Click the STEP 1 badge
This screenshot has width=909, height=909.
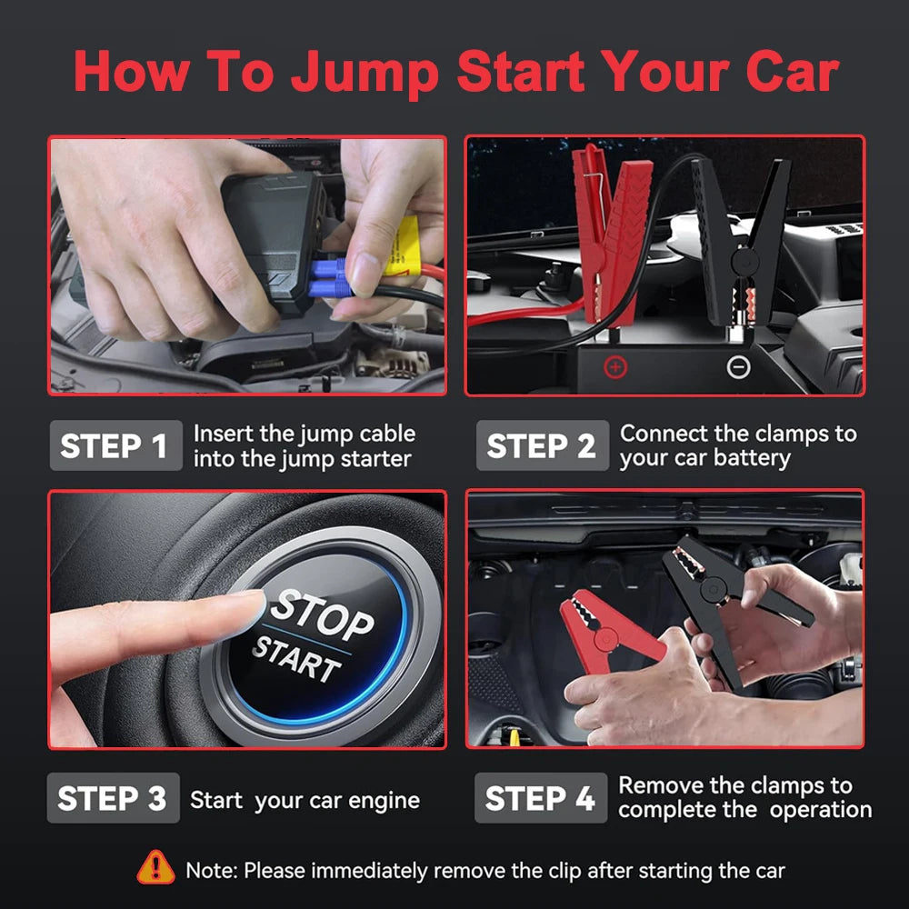(x=114, y=446)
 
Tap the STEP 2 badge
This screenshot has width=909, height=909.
(x=542, y=446)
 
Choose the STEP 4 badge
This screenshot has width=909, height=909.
(x=540, y=798)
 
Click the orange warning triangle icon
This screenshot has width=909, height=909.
(x=155, y=867)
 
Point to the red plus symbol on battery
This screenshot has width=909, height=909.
(x=616, y=367)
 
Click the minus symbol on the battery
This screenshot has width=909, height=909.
(x=739, y=367)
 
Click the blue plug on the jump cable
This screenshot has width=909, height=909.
(x=330, y=277)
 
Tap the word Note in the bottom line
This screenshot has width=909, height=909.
(x=212, y=870)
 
